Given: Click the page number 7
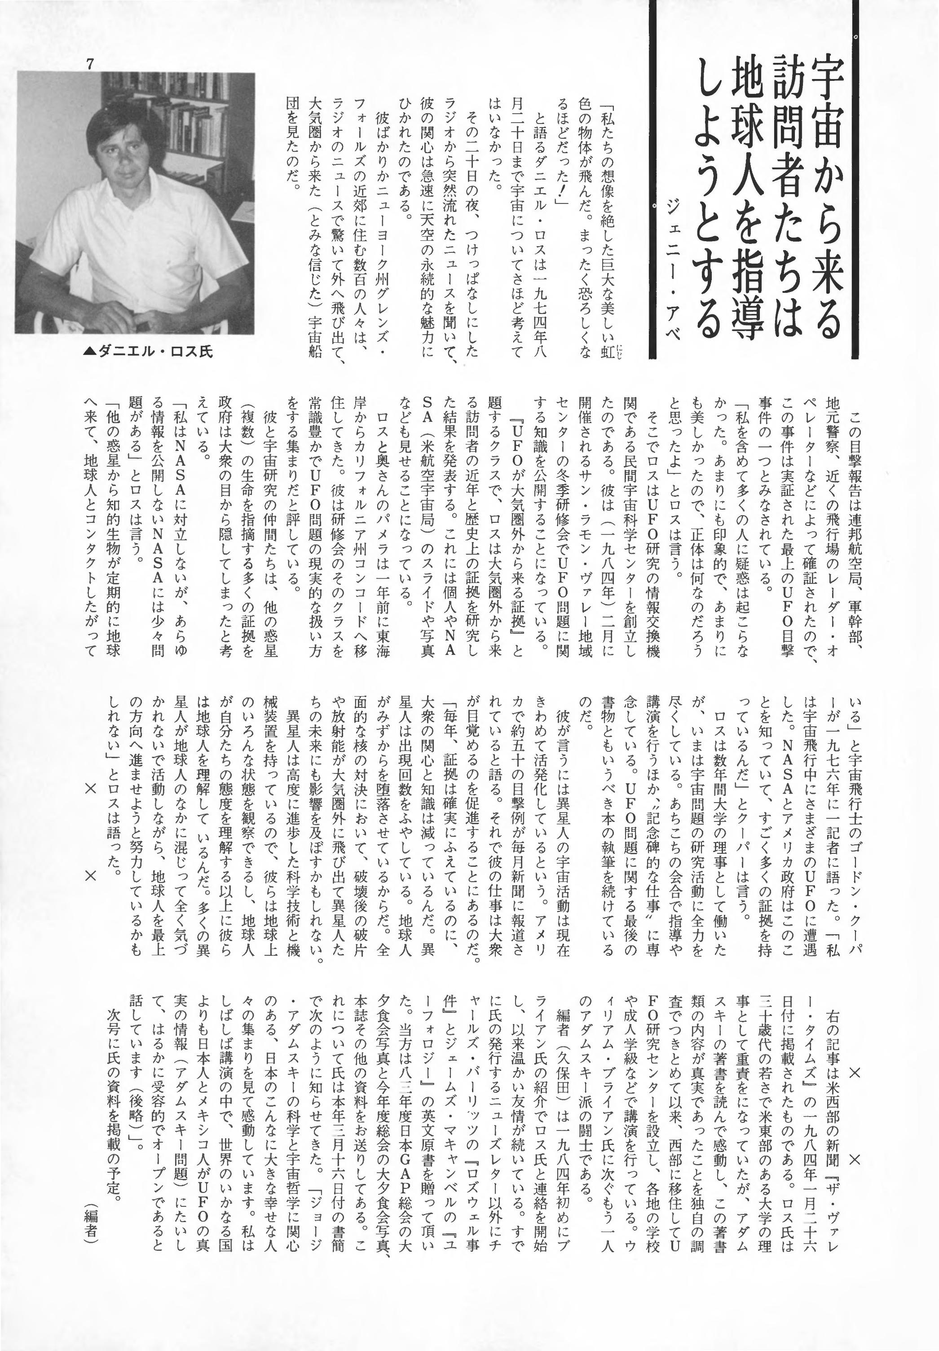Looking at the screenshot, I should [90, 65].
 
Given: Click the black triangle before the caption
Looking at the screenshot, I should [89, 352].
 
